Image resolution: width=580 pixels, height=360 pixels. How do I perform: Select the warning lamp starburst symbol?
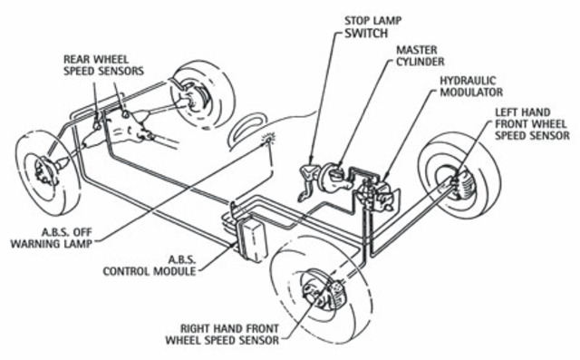pyautogui.click(x=268, y=139)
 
